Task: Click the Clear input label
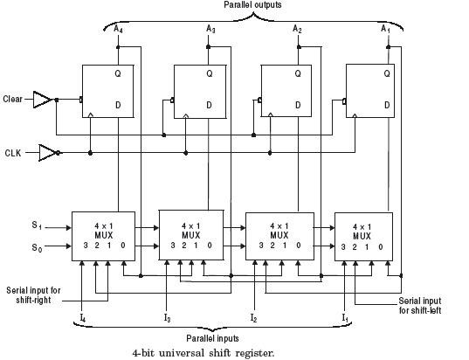coord(12,99)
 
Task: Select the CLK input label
coord(13,153)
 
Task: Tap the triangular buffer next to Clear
coord(42,99)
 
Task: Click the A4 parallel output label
coord(118,28)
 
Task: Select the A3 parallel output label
coord(210,28)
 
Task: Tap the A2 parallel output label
coord(297,28)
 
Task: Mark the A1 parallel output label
coord(385,28)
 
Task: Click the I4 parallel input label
coord(82,316)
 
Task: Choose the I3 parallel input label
coord(166,316)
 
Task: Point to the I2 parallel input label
coord(253,316)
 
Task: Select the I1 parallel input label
coord(345,316)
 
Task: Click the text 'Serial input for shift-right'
coord(32,294)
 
